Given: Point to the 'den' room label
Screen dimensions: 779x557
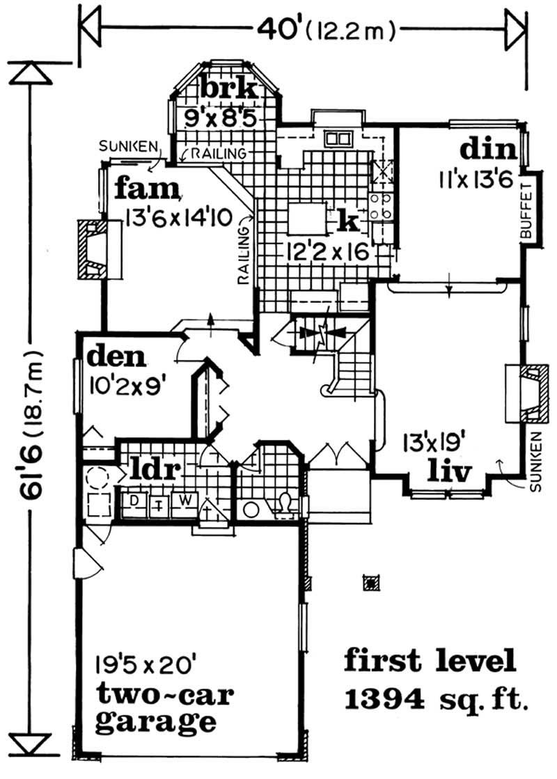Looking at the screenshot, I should (117, 358).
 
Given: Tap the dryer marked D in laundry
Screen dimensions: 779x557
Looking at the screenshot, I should (135, 501).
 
